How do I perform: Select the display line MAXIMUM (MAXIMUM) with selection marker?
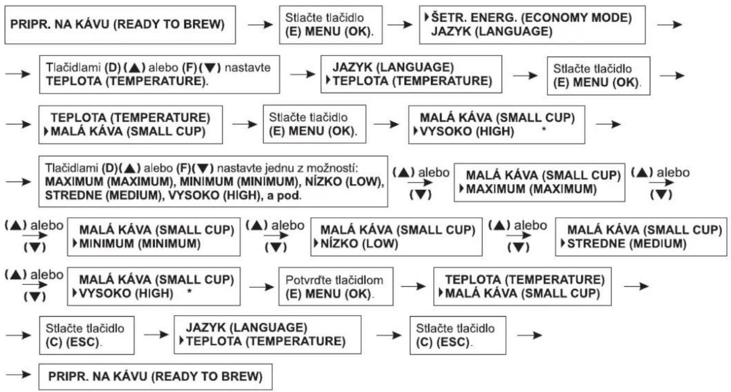click(x=528, y=189)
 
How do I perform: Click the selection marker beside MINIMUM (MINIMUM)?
click(x=75, y=243)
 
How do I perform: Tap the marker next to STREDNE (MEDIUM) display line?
click(x=563, y=243)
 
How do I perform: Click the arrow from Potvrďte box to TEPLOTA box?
click(x=413, y=286)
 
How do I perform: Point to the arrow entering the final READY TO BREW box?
click(x=18, y=374)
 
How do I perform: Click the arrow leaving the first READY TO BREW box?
click(x=260, y=24)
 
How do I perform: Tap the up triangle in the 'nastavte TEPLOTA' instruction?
click(x=135, y=68)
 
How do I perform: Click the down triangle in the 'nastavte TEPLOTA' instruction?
click(x=210, y=68)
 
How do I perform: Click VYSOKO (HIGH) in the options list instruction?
click(x=213, y=195)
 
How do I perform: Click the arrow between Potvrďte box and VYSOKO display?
click(x=262, y=287)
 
